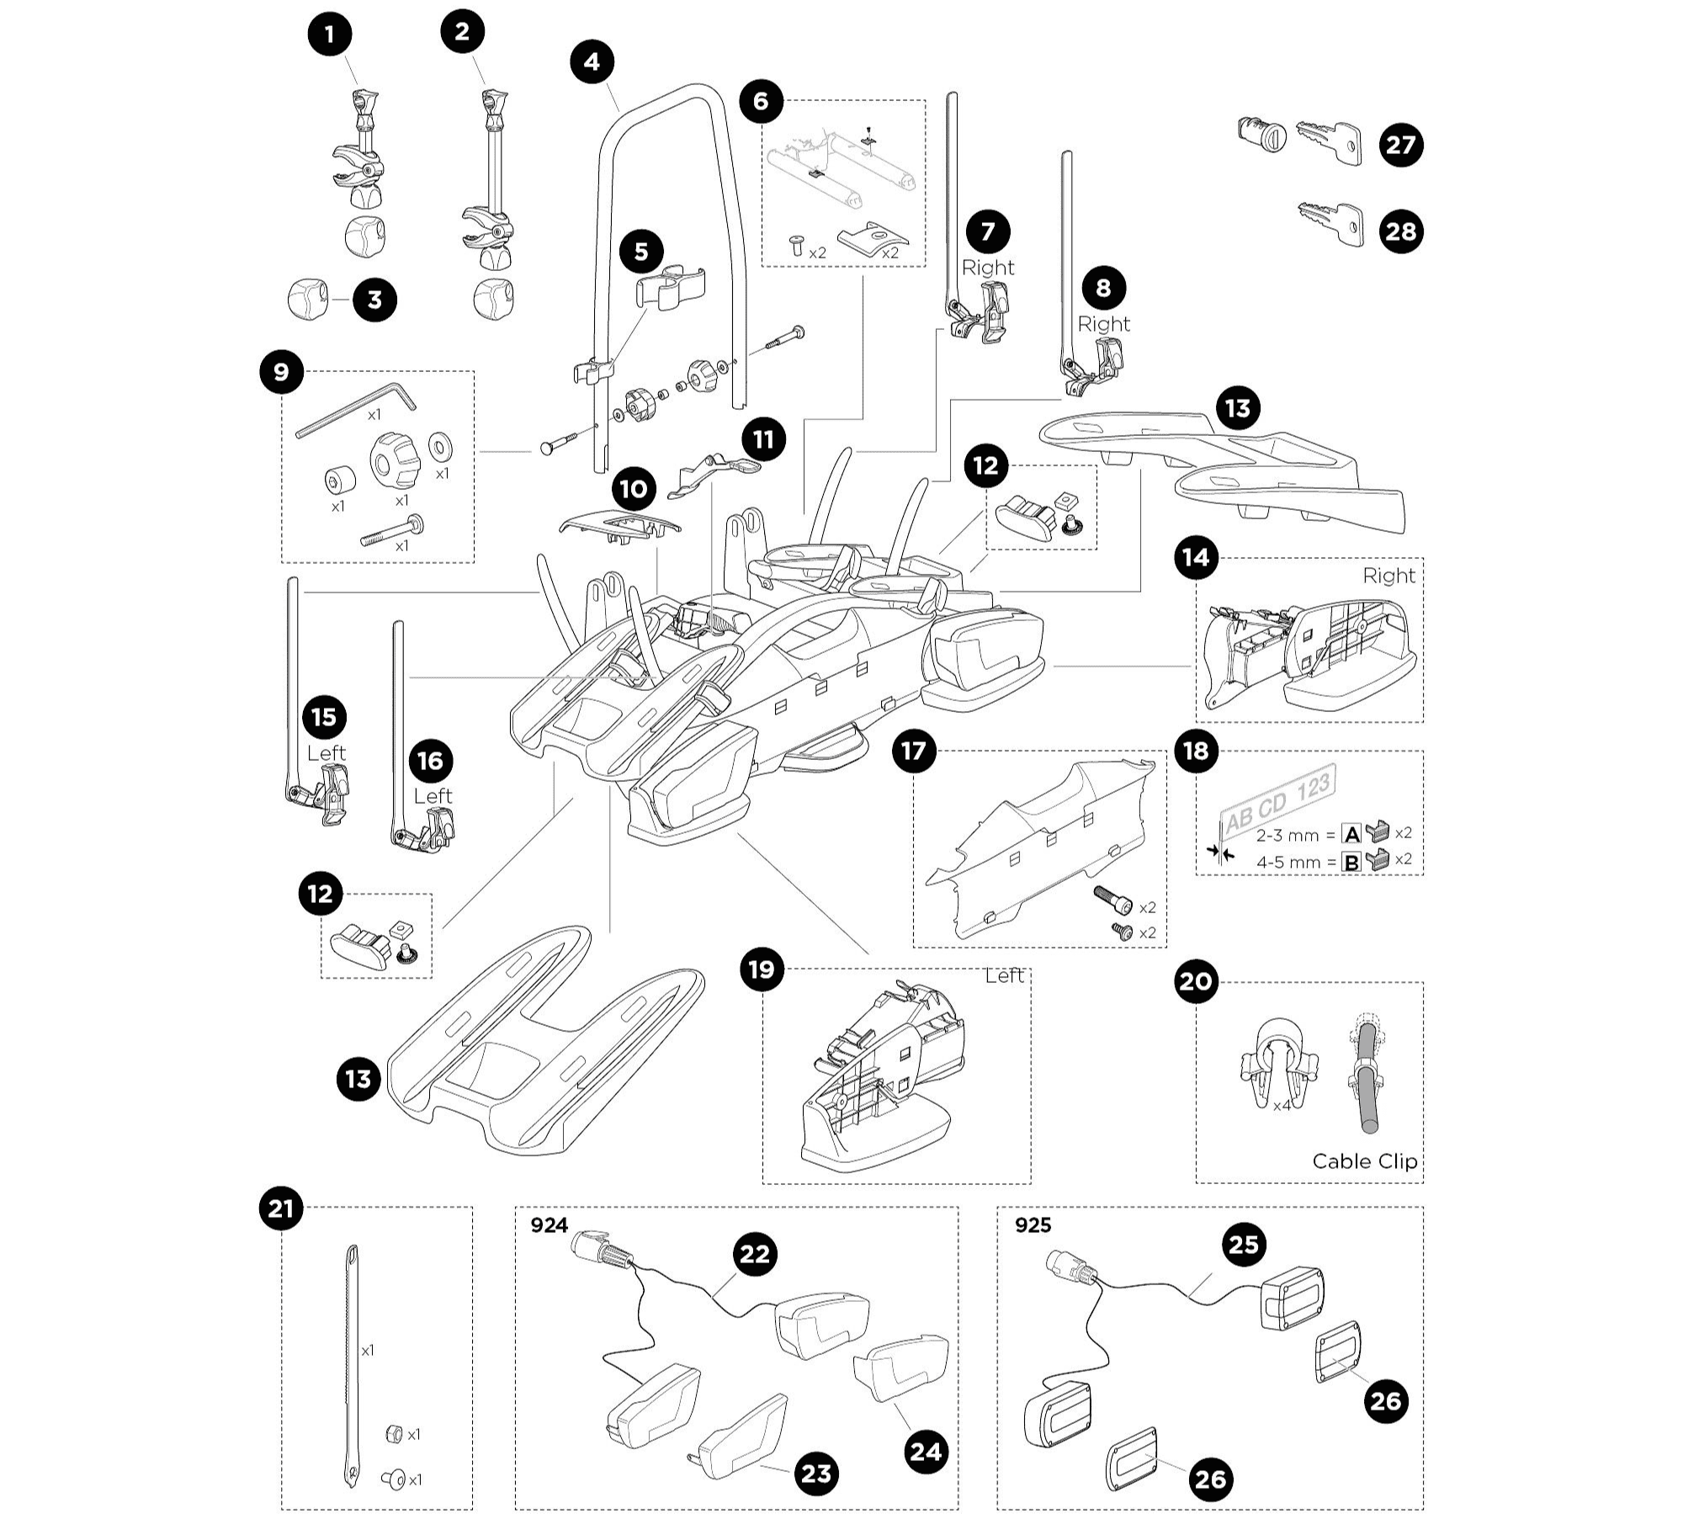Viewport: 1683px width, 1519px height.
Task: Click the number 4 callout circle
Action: (x=592, y=62)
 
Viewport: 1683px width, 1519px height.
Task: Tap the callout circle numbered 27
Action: (x=1401, y=145)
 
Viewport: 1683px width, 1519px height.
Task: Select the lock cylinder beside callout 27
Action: (x=1259, y=135)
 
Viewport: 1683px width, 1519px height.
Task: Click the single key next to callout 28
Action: (x=1331, y=223)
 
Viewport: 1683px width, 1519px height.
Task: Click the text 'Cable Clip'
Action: (x=1364, y=1161)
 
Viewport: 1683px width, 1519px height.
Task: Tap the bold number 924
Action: (x=549, y=1225)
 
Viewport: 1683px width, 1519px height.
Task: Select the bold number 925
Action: (x=1033, y=1225)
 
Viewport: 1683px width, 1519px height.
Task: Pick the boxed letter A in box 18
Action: (x=1351, y=835)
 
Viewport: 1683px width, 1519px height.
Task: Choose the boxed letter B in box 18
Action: (x=1351, y=862)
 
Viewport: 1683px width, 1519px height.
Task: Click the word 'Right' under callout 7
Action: (x=988, y=268)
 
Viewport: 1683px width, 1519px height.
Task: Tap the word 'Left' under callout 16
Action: (x=433, y=796)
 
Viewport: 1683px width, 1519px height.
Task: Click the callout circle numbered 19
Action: (x=761, y=969)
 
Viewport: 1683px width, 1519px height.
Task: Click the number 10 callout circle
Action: (x=634, y=489)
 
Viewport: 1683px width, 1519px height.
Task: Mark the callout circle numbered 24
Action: (x=926, y=1452)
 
